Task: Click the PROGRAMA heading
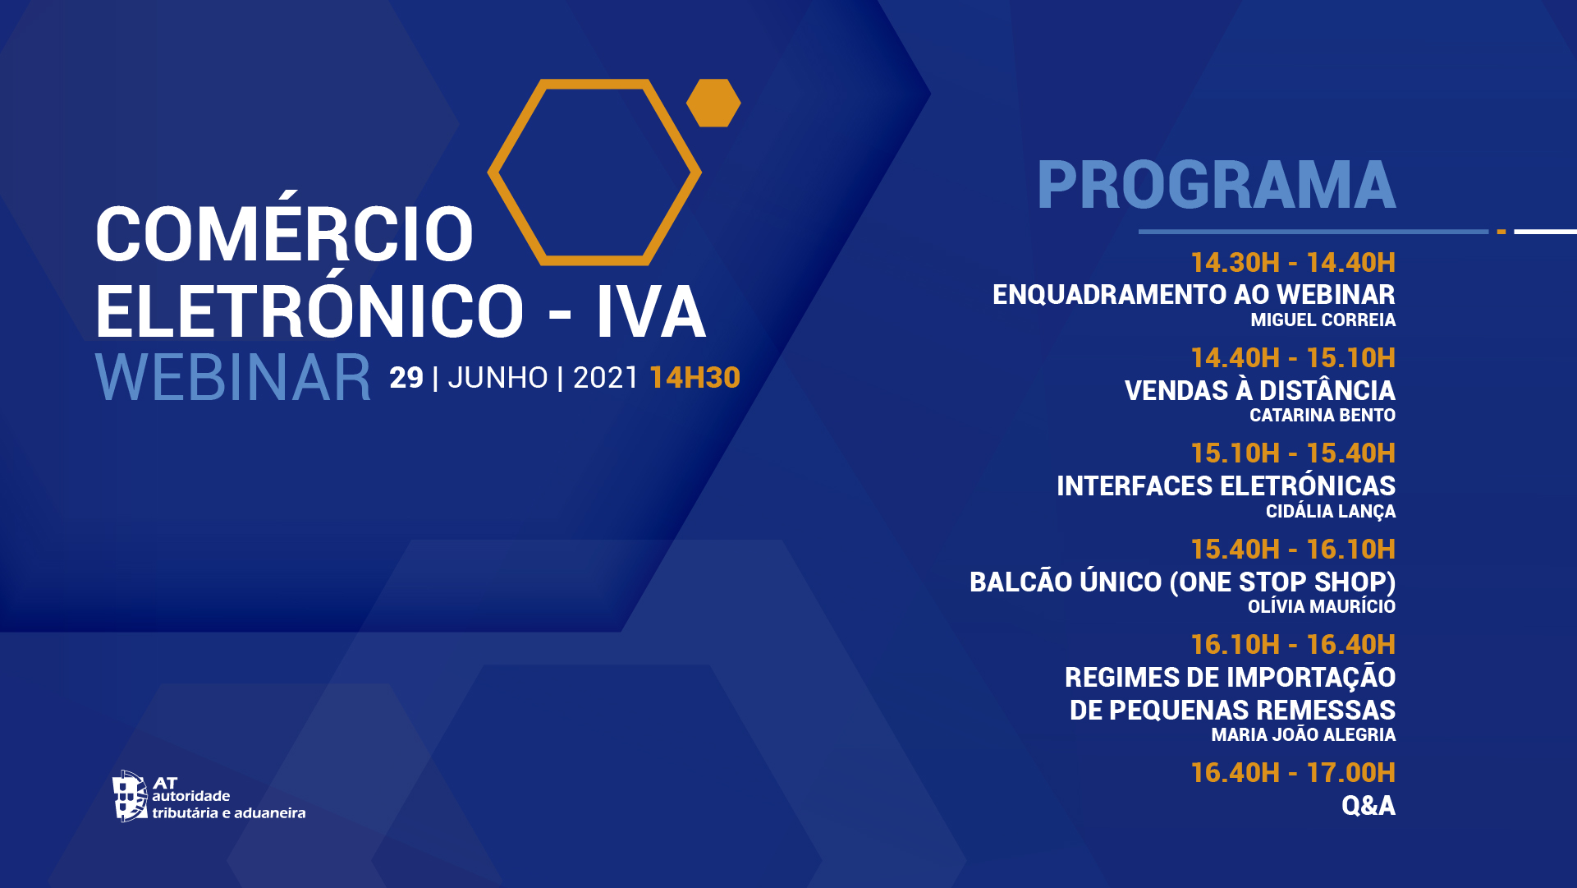1216,185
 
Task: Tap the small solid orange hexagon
713,103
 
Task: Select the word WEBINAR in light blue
233,378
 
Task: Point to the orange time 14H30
695,378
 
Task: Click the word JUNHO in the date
497,378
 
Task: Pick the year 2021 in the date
605,378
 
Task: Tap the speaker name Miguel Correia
1323,320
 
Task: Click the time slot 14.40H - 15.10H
1293,358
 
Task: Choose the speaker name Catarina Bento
1323,416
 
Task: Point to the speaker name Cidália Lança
1331,512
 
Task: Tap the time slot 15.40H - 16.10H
1293,550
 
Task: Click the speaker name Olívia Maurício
1322,606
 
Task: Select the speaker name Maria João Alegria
1304,734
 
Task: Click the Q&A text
1368,806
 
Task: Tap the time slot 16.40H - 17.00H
1293,773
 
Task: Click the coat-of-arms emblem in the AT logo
130,796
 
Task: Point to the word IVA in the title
651,313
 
